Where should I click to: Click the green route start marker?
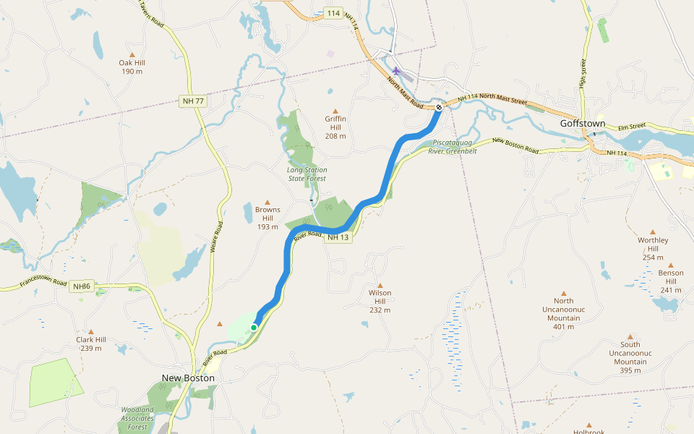[254, 328]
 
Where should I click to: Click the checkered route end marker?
[439, 108]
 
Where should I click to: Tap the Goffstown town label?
[582, 124]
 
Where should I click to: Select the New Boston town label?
[188, 378]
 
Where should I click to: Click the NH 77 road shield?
[193, 101]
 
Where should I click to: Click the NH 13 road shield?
[338, 238]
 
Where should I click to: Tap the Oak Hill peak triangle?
[132, 54]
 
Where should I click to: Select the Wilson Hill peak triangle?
[380, 285]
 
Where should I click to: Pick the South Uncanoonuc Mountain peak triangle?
[630, 336]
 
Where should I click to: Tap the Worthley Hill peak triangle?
[653, 232]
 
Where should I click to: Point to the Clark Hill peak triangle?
[91, 331]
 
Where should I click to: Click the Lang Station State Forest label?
[307, 174]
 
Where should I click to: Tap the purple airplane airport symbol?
[396, 71]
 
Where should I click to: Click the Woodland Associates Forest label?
[137, 418]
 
